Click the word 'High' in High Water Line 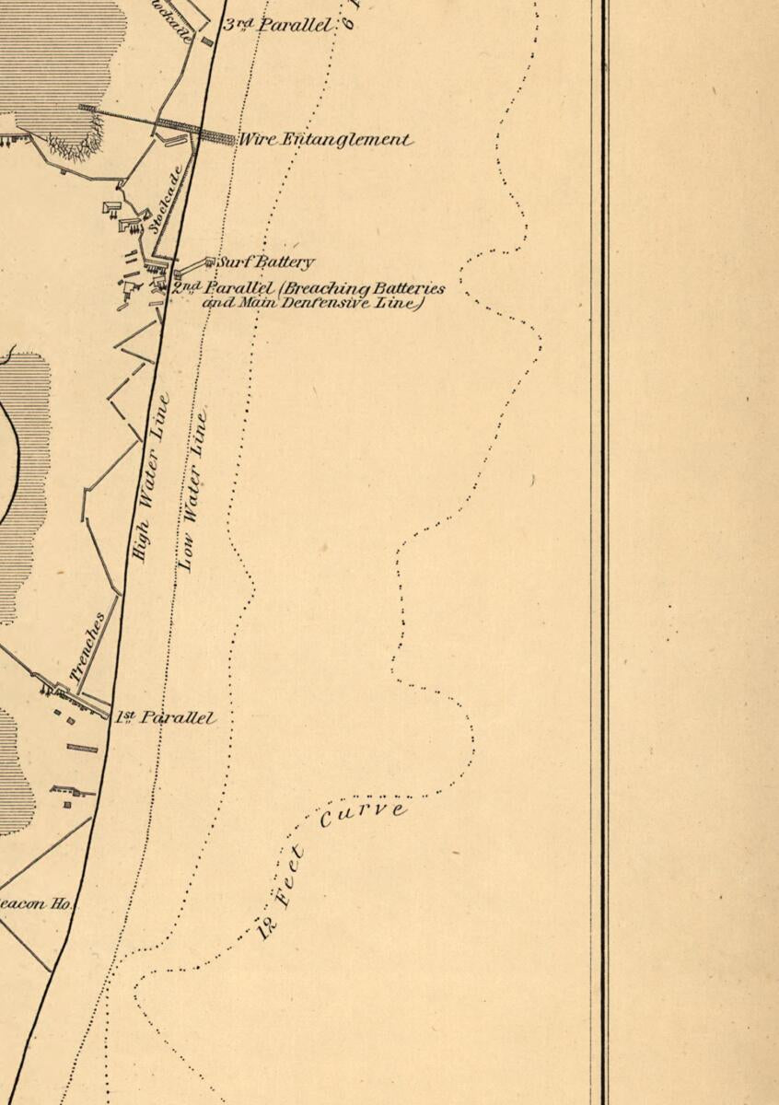pos(141,538)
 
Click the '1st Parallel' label pos(166,717)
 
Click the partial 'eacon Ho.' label pos(37,904)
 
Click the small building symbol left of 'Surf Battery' pos(209,262)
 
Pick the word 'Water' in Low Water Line pos(194,483)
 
